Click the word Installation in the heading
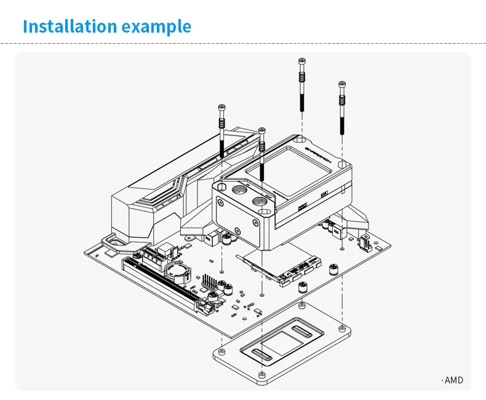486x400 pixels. coord(70,27)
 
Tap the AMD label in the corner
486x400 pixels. coord(453,380)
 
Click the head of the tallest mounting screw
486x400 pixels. coord(301,61)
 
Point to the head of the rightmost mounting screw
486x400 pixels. coord(341,84)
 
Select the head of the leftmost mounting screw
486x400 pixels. coord(221,108)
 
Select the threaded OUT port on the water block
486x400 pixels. coord(261,201)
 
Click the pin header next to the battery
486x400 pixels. coord(209,282)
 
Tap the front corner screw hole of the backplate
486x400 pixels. coord(263,375)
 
